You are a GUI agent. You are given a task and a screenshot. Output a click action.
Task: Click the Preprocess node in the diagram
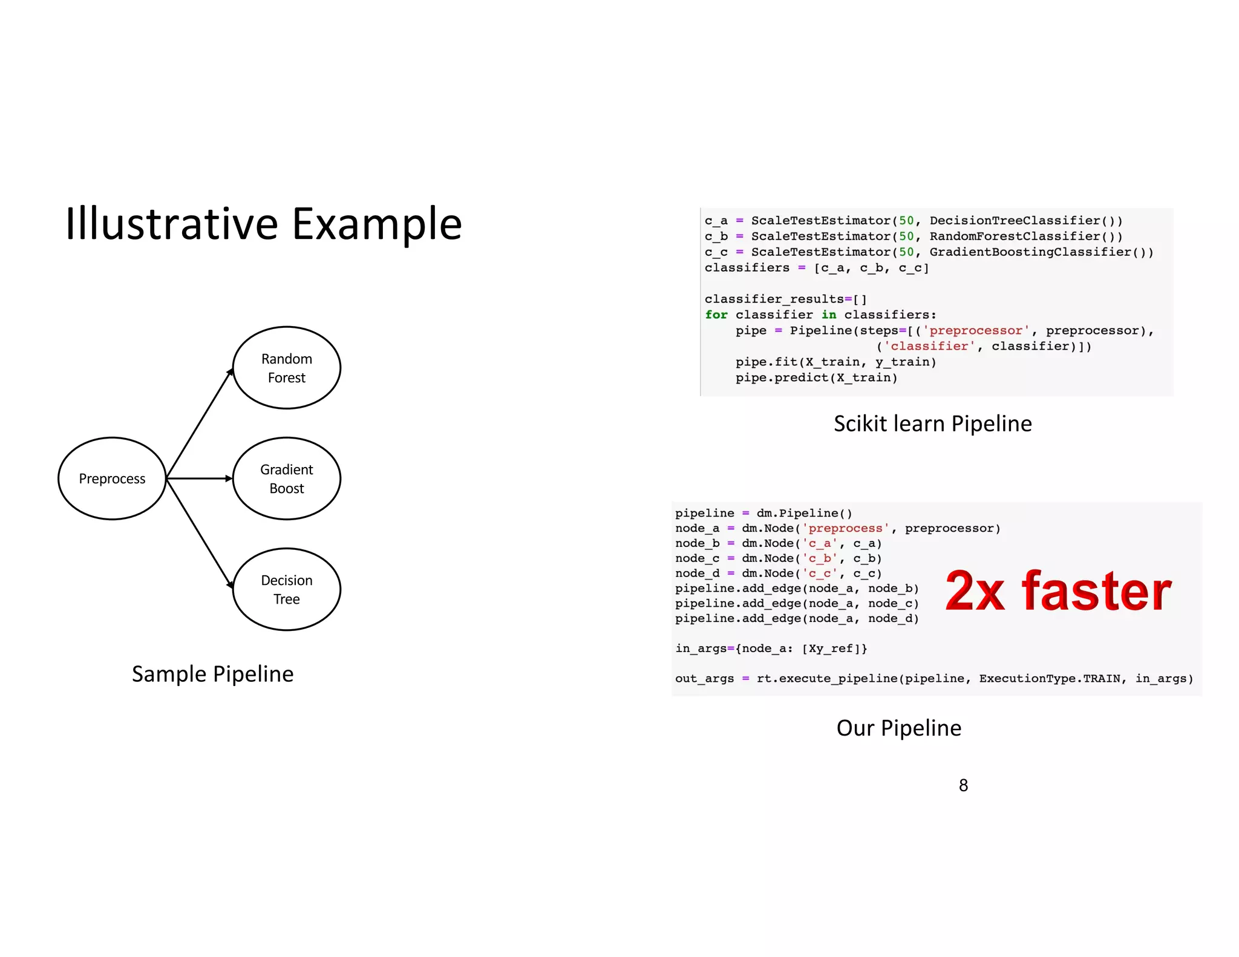coord(112,478)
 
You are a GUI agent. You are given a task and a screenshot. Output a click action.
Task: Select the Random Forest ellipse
coord(287,368)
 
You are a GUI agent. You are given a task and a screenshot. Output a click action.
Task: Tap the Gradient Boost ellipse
coord(287,478)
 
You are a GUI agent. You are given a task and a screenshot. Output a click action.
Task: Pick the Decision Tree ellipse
coord(287,589)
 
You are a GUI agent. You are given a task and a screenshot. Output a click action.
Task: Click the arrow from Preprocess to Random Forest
coord(199,424)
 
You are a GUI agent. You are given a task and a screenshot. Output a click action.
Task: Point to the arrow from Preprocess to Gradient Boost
coord(199,478)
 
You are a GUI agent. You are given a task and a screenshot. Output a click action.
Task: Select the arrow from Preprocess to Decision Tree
coord(199,533)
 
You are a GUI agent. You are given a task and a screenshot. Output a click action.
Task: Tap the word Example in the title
coord(377,224)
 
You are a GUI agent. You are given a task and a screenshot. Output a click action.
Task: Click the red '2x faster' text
coord(1058,591)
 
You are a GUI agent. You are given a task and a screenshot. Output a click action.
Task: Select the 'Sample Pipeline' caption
coord(212,674)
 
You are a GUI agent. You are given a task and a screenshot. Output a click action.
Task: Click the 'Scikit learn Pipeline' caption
coord(932,423)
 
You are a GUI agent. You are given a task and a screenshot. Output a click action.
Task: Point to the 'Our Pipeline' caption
coord(898,728)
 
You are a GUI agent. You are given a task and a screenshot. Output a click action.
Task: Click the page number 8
coord(963,785)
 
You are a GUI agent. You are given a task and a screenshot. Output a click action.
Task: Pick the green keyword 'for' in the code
coord(716,315)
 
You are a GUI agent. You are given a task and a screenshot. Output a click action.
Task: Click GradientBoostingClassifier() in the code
coord(1041,252)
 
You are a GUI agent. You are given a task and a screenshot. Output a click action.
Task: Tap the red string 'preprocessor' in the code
coord(975,330)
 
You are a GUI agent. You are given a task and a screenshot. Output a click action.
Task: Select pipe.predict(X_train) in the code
coord(816,377)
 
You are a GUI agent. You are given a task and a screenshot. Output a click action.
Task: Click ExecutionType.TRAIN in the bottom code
coord(1050,678)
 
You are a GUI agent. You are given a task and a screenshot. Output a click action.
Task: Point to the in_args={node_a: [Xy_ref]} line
coord(771,648)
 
